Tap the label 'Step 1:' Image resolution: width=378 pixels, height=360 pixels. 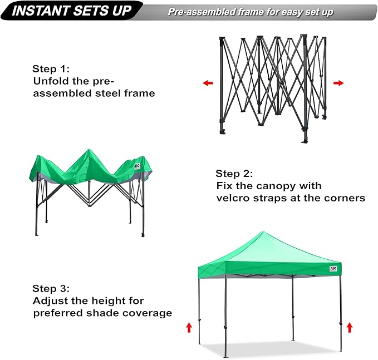click(x=51, y=69)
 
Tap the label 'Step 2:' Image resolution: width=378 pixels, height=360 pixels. click(x=234, y=173)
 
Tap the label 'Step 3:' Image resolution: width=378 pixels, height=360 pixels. click(x=51, y=288)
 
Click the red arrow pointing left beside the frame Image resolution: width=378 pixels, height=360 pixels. click(x=208, y=83)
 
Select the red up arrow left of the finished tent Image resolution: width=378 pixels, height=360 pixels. click(x=189, y=327)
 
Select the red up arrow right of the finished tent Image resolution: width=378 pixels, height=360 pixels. click(x=349, y=327)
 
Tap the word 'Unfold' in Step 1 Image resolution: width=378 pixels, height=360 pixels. click(x=50, y=81)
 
